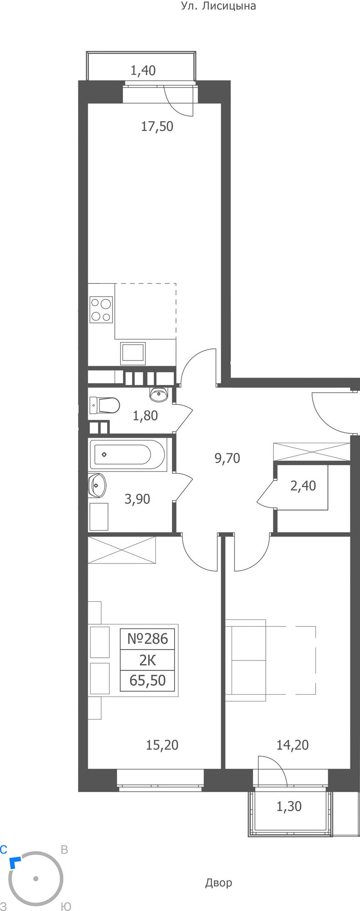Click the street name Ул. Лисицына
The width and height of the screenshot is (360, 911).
point(218,6)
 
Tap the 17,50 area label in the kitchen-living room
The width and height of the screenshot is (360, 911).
point(157,126)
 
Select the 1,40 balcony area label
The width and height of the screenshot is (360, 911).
point(143,70)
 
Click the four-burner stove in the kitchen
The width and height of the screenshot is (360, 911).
point(101,310)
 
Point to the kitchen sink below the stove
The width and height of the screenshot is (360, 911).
point(133,354)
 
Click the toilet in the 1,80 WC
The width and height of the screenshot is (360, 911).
point(105,404)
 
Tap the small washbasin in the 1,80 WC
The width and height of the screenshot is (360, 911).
point(159,394)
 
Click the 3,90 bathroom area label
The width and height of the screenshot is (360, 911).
point(137,499)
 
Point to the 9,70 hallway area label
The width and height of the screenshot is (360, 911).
point(227,458)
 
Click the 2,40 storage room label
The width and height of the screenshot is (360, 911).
point(303,486)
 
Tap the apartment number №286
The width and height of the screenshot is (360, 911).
point(147,639)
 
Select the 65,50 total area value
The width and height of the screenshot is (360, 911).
point(147,681)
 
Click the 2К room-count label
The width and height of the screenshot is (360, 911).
point(147,660)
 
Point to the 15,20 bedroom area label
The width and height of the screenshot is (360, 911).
point(162,745)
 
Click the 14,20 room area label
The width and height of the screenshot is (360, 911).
point(293,745)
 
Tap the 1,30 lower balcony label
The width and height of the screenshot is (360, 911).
point(289,806)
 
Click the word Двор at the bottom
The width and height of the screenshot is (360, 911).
point(218,883)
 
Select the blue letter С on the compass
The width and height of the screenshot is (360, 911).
point(4,849)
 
